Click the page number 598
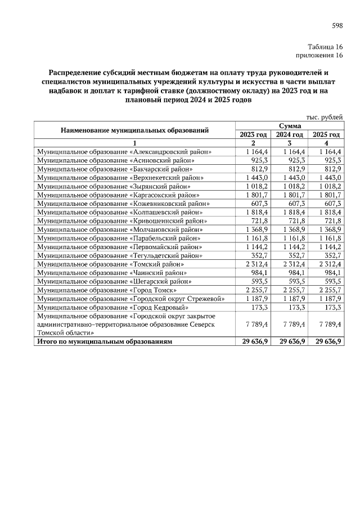pyautogui.click(x=337, y=25)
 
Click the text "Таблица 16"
pyautogui.click(x=325, y=47)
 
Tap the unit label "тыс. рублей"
pyautogui.click(x=324, y=117)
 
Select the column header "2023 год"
pyautogui.click(x=253, y=135)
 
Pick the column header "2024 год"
pyautogui.click(x=290, y=135)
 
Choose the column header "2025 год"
pyautogui.click(x=326, y=135)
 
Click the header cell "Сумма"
pyautogui.click(x=289, y=126)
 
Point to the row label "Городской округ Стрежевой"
pyautogui.click(x=134, y=299)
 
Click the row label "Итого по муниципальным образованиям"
pyautogui.click(x=104, y=342)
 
